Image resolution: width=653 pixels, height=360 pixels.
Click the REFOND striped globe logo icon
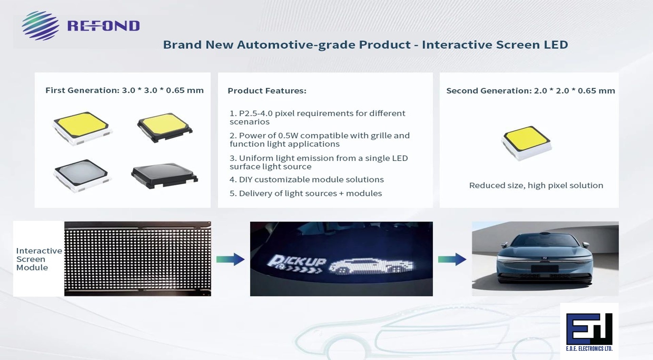coord(40,26)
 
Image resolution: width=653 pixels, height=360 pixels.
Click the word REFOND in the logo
coord(103,26)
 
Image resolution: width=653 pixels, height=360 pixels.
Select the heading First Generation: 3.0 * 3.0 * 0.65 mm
coord(124,90)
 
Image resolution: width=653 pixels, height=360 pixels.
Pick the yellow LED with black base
coord(165,127)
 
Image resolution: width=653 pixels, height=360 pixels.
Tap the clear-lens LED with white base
coord(82,175)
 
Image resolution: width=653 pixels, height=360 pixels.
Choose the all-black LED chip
coord(164,175)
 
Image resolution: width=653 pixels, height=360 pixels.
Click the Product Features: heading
coord(267,91)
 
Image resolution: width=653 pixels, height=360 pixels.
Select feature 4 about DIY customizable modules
coord(306,179)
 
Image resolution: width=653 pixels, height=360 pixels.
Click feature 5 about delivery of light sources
coord(305,193)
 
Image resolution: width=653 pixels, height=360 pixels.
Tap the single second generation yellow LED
coord(526,143)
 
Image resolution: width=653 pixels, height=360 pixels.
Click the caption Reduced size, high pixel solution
coord(536,185)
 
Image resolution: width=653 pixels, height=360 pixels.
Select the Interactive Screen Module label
coord(38,259)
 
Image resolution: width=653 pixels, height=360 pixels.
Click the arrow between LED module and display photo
coord(230,260)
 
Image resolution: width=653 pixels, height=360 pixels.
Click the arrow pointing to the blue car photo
coord(452,260)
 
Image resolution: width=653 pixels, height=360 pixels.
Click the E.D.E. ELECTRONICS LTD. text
coord(589,349)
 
